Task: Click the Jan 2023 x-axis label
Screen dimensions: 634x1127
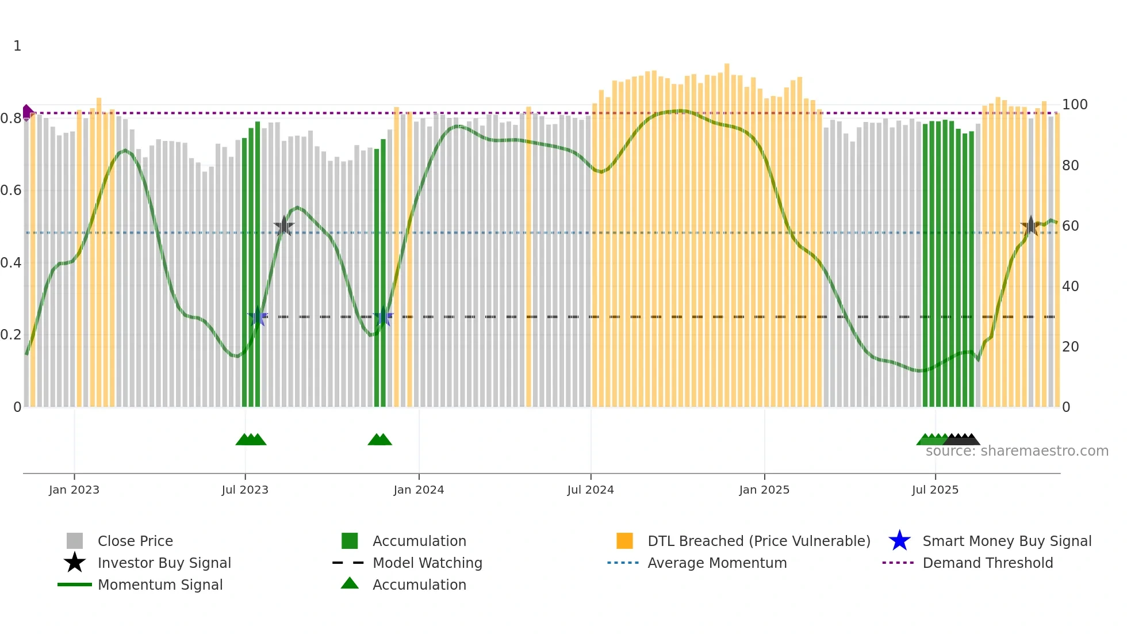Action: pos(74,490)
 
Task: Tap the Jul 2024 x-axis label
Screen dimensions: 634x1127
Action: pos(591,490)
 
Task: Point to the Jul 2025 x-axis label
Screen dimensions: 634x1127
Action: pos(935,490)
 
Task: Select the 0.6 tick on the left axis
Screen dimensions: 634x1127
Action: pos(11,190)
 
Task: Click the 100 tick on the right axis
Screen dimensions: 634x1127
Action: pos(1075,105)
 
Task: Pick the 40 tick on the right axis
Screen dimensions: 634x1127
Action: pos(1070,286)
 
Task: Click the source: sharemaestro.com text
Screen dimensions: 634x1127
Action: pos(1017,451)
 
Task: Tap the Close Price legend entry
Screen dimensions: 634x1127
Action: pos(135,541)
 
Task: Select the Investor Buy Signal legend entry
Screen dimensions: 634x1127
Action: pos(164,563)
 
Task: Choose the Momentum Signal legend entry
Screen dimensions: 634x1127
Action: pos(160,585)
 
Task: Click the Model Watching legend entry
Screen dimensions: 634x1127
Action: pos(427,563)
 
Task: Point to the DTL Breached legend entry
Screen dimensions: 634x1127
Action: pos(758,541)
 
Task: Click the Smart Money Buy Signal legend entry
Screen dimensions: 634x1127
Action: pos(1006,541)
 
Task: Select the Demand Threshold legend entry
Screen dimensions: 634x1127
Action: pos(987,563)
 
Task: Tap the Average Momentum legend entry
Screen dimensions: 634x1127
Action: pos(716,563)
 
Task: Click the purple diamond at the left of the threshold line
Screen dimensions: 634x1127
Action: pos(27,112)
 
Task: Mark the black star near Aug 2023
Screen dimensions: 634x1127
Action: pos(283,227)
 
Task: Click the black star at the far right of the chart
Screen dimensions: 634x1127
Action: pos(1030,226)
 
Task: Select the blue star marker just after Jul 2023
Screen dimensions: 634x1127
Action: pos(258,317)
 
